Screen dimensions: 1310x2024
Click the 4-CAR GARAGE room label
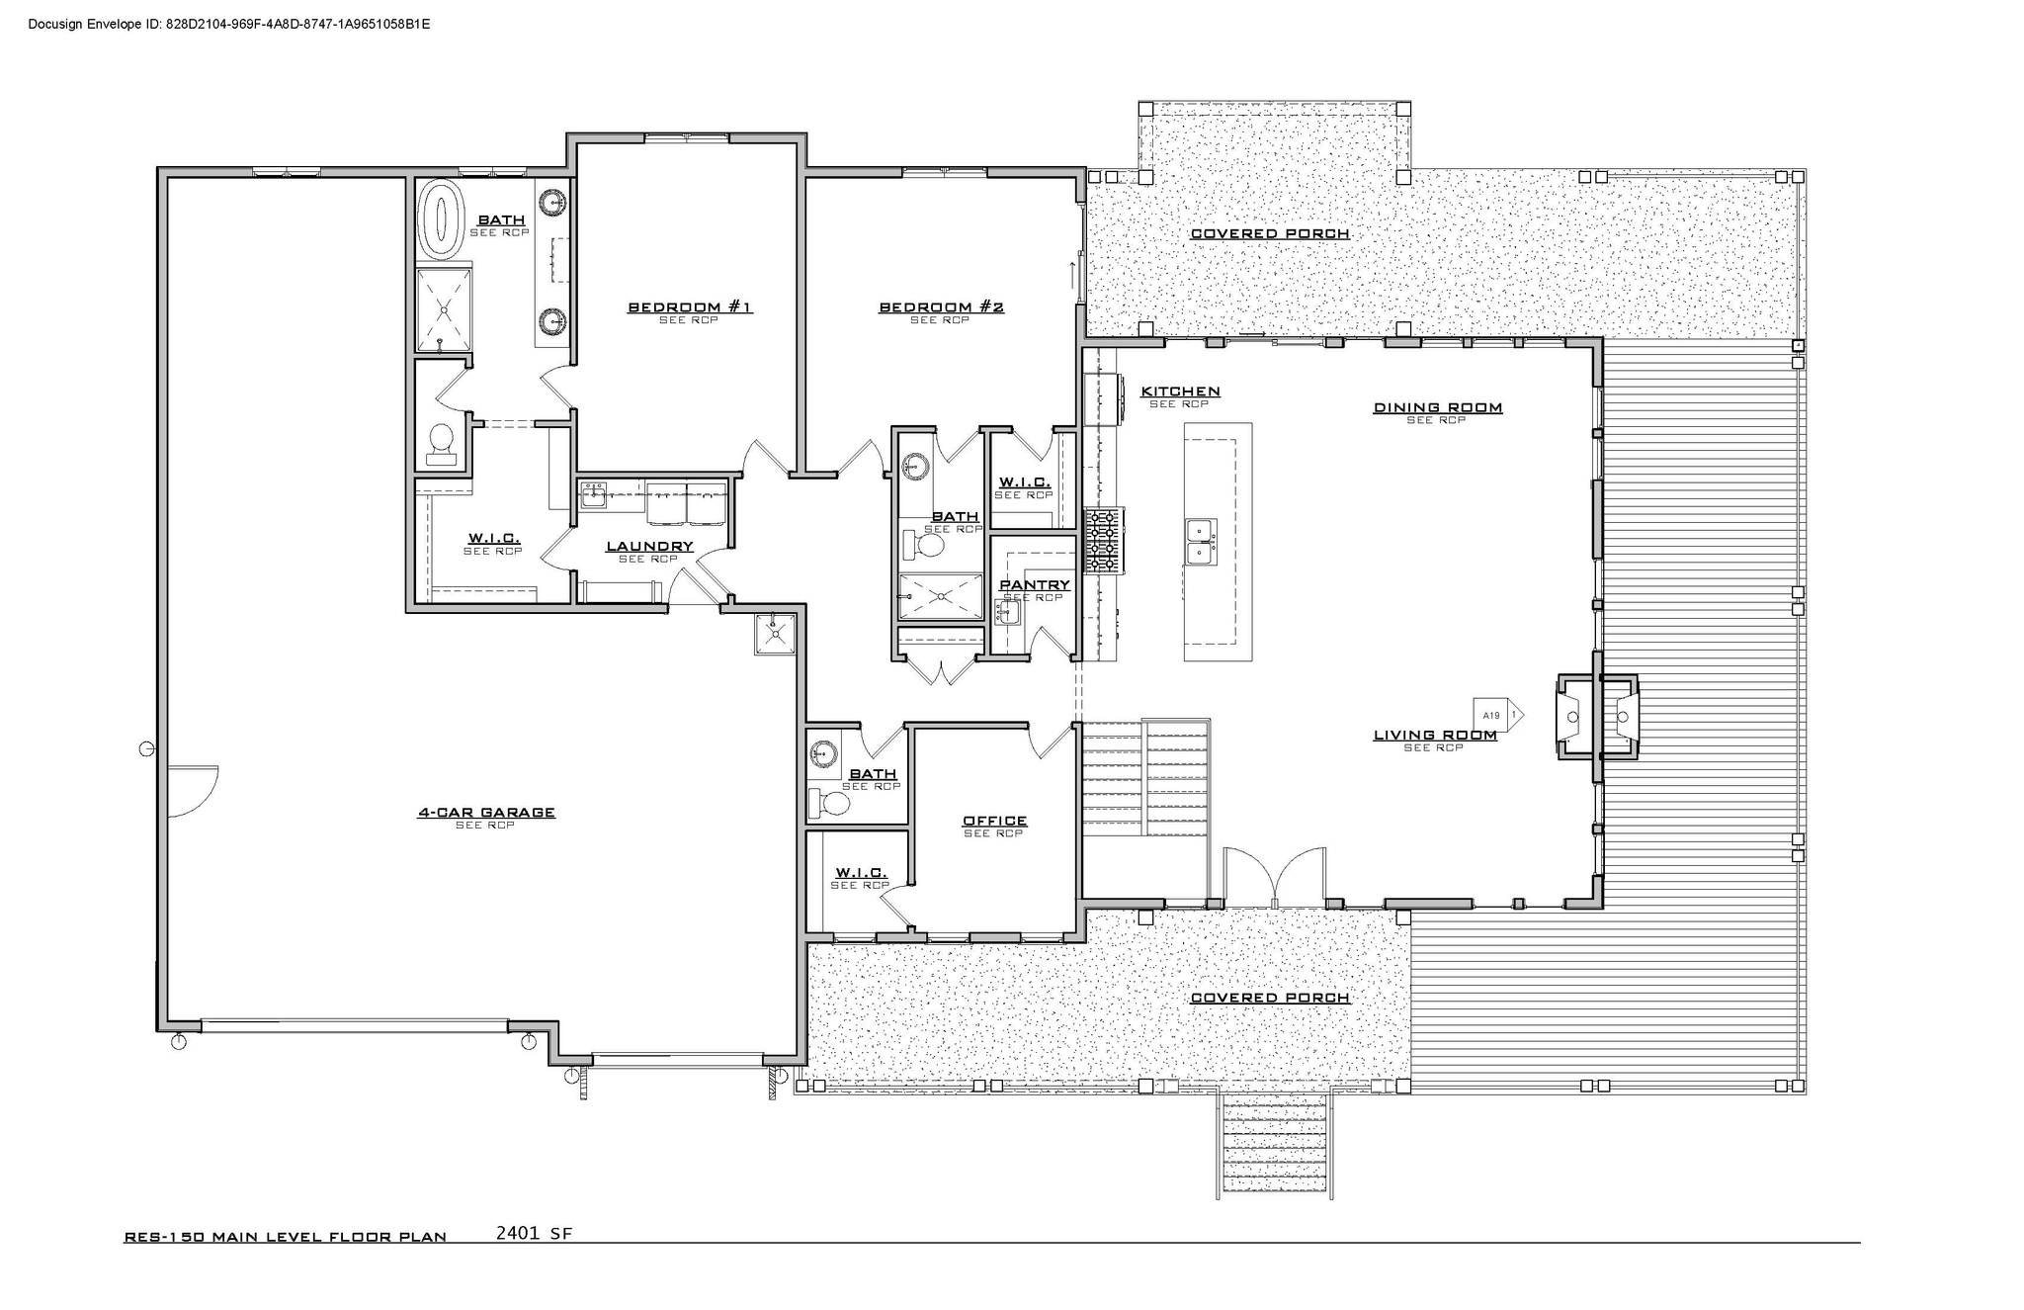(x=485, y=813)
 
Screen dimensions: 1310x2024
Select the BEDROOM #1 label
(x=690, y=307)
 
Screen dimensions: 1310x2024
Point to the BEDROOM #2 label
(x=941, y=307)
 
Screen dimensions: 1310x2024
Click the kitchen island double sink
(x=1201, y=543)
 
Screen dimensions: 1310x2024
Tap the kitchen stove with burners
(x=1102, y=541)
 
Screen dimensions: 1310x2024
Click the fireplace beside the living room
(x=1597, y=717)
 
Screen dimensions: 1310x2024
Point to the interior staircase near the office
(x=1146, y=777)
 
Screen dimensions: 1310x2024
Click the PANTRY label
(x=1034, y=585)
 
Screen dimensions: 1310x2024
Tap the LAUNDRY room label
(x=649, y=547)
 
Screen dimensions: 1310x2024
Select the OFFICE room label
(x=994, y=821)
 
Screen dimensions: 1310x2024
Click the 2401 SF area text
(x=534, y=1233)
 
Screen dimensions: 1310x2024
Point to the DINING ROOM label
(x=1437, y=407)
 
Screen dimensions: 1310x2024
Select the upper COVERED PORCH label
(x=1269, y=234)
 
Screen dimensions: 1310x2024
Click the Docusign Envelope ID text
(x=228, y=24)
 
